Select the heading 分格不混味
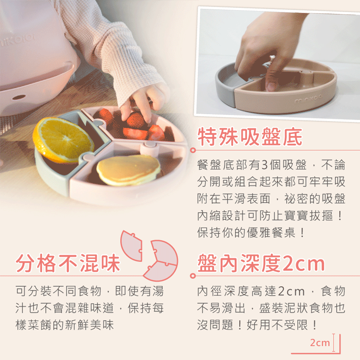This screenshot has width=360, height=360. pyautogui.click(x=68, y=263)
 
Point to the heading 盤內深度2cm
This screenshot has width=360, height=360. pyautogui.click(x=261, y=263)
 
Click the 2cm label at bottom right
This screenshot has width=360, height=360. pyautogui.click(x=319, y=343)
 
